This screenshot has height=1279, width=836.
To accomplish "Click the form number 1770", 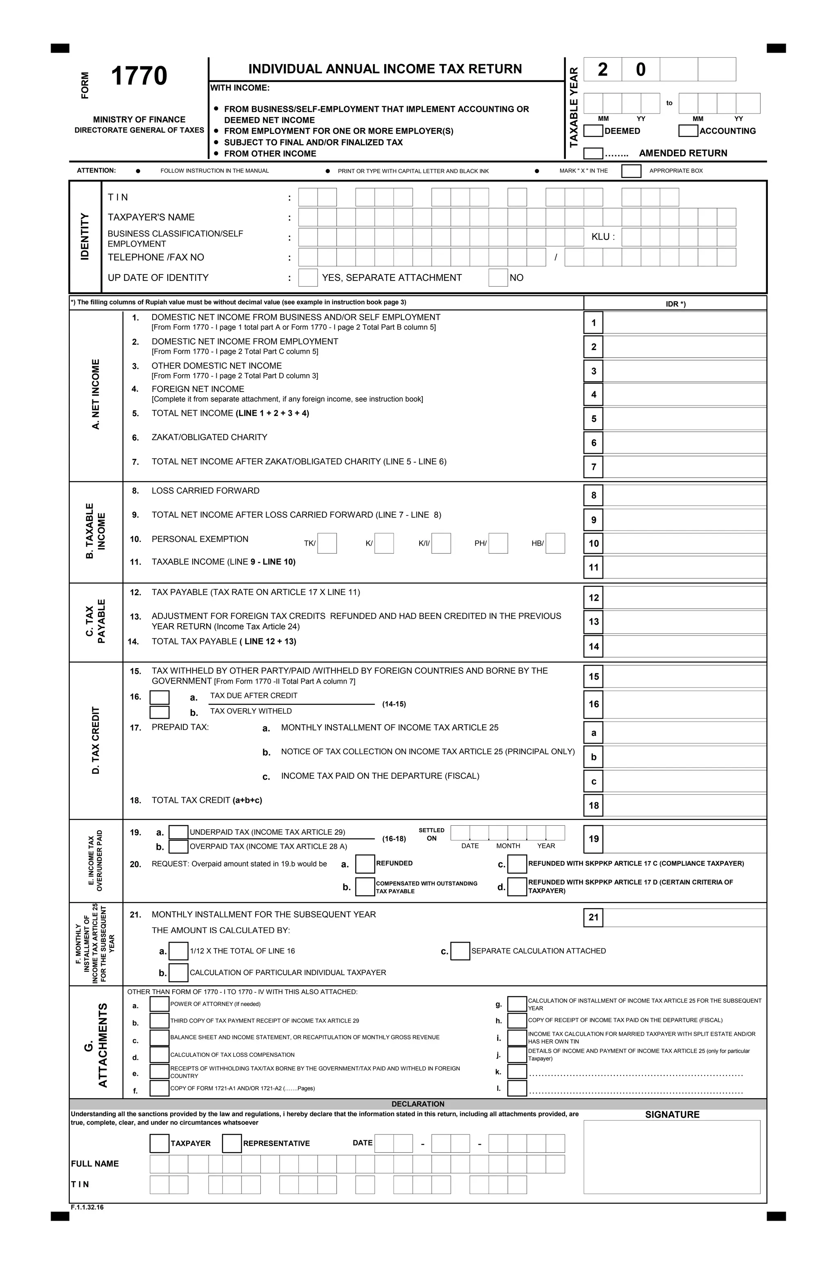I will click(139, 76).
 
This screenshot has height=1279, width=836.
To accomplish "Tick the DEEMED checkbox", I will click(593, 131).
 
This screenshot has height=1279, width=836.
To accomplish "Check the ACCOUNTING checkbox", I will click(688, 131).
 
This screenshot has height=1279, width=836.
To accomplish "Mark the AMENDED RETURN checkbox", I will click(593, 153).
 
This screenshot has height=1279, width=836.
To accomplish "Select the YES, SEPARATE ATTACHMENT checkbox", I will click(308, 277).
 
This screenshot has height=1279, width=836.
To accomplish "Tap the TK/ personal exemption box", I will click(327, 543).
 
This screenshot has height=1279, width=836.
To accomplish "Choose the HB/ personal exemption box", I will click(555, 543).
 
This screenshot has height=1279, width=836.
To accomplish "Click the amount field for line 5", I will click(684, 419).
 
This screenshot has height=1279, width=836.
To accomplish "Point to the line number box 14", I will click(593, 646).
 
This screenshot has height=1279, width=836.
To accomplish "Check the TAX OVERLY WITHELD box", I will click(159, 712).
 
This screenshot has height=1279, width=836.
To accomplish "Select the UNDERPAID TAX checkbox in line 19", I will click(178, 832).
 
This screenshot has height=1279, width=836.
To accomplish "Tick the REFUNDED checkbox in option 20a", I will click(365, 864).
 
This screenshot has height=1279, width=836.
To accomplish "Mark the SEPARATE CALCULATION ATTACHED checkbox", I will click(460, 951).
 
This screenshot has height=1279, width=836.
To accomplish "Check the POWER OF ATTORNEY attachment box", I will click(159, 1004).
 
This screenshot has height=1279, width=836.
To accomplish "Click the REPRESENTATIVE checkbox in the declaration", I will click(231, 1143).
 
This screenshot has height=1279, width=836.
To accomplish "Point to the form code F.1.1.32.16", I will click(87, 1208).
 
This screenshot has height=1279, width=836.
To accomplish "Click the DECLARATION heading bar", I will click(418, 1104).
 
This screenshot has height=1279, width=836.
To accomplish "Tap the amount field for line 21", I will click(684, 917).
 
